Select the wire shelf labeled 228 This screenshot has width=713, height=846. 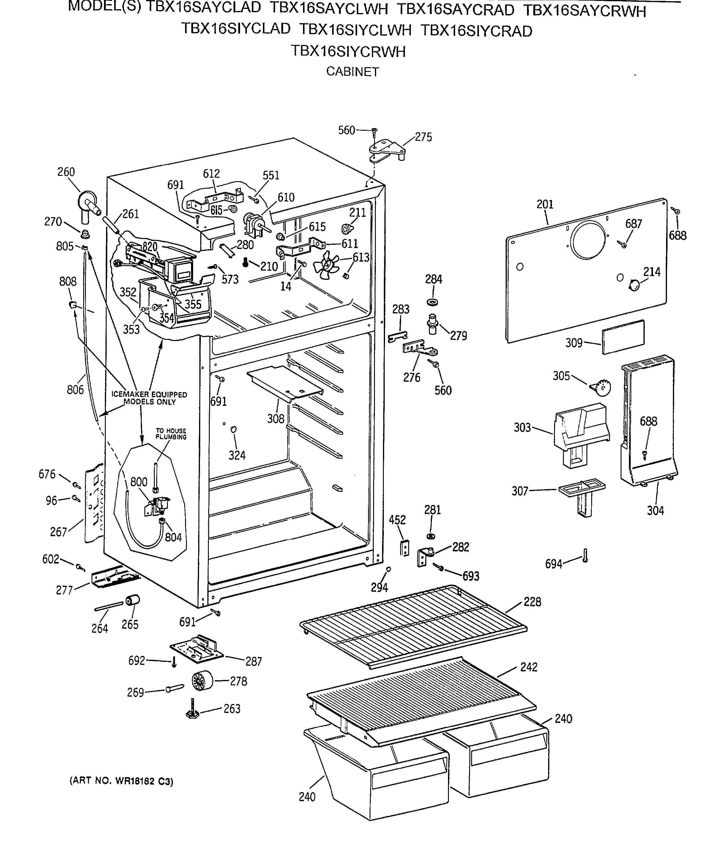[x=413, y=626]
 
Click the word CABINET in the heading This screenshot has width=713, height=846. [x=352, y=72]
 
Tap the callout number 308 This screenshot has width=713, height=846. [x=276, y=419]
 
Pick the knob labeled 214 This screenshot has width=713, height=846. [x=634, y=285]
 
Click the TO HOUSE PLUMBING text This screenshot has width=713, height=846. [x=171, y=434]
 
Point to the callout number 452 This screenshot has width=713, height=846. [x=397, y=520]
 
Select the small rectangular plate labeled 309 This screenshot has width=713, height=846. [x=623, y=337]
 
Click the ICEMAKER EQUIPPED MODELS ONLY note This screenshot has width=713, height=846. [x=149, y=398]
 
